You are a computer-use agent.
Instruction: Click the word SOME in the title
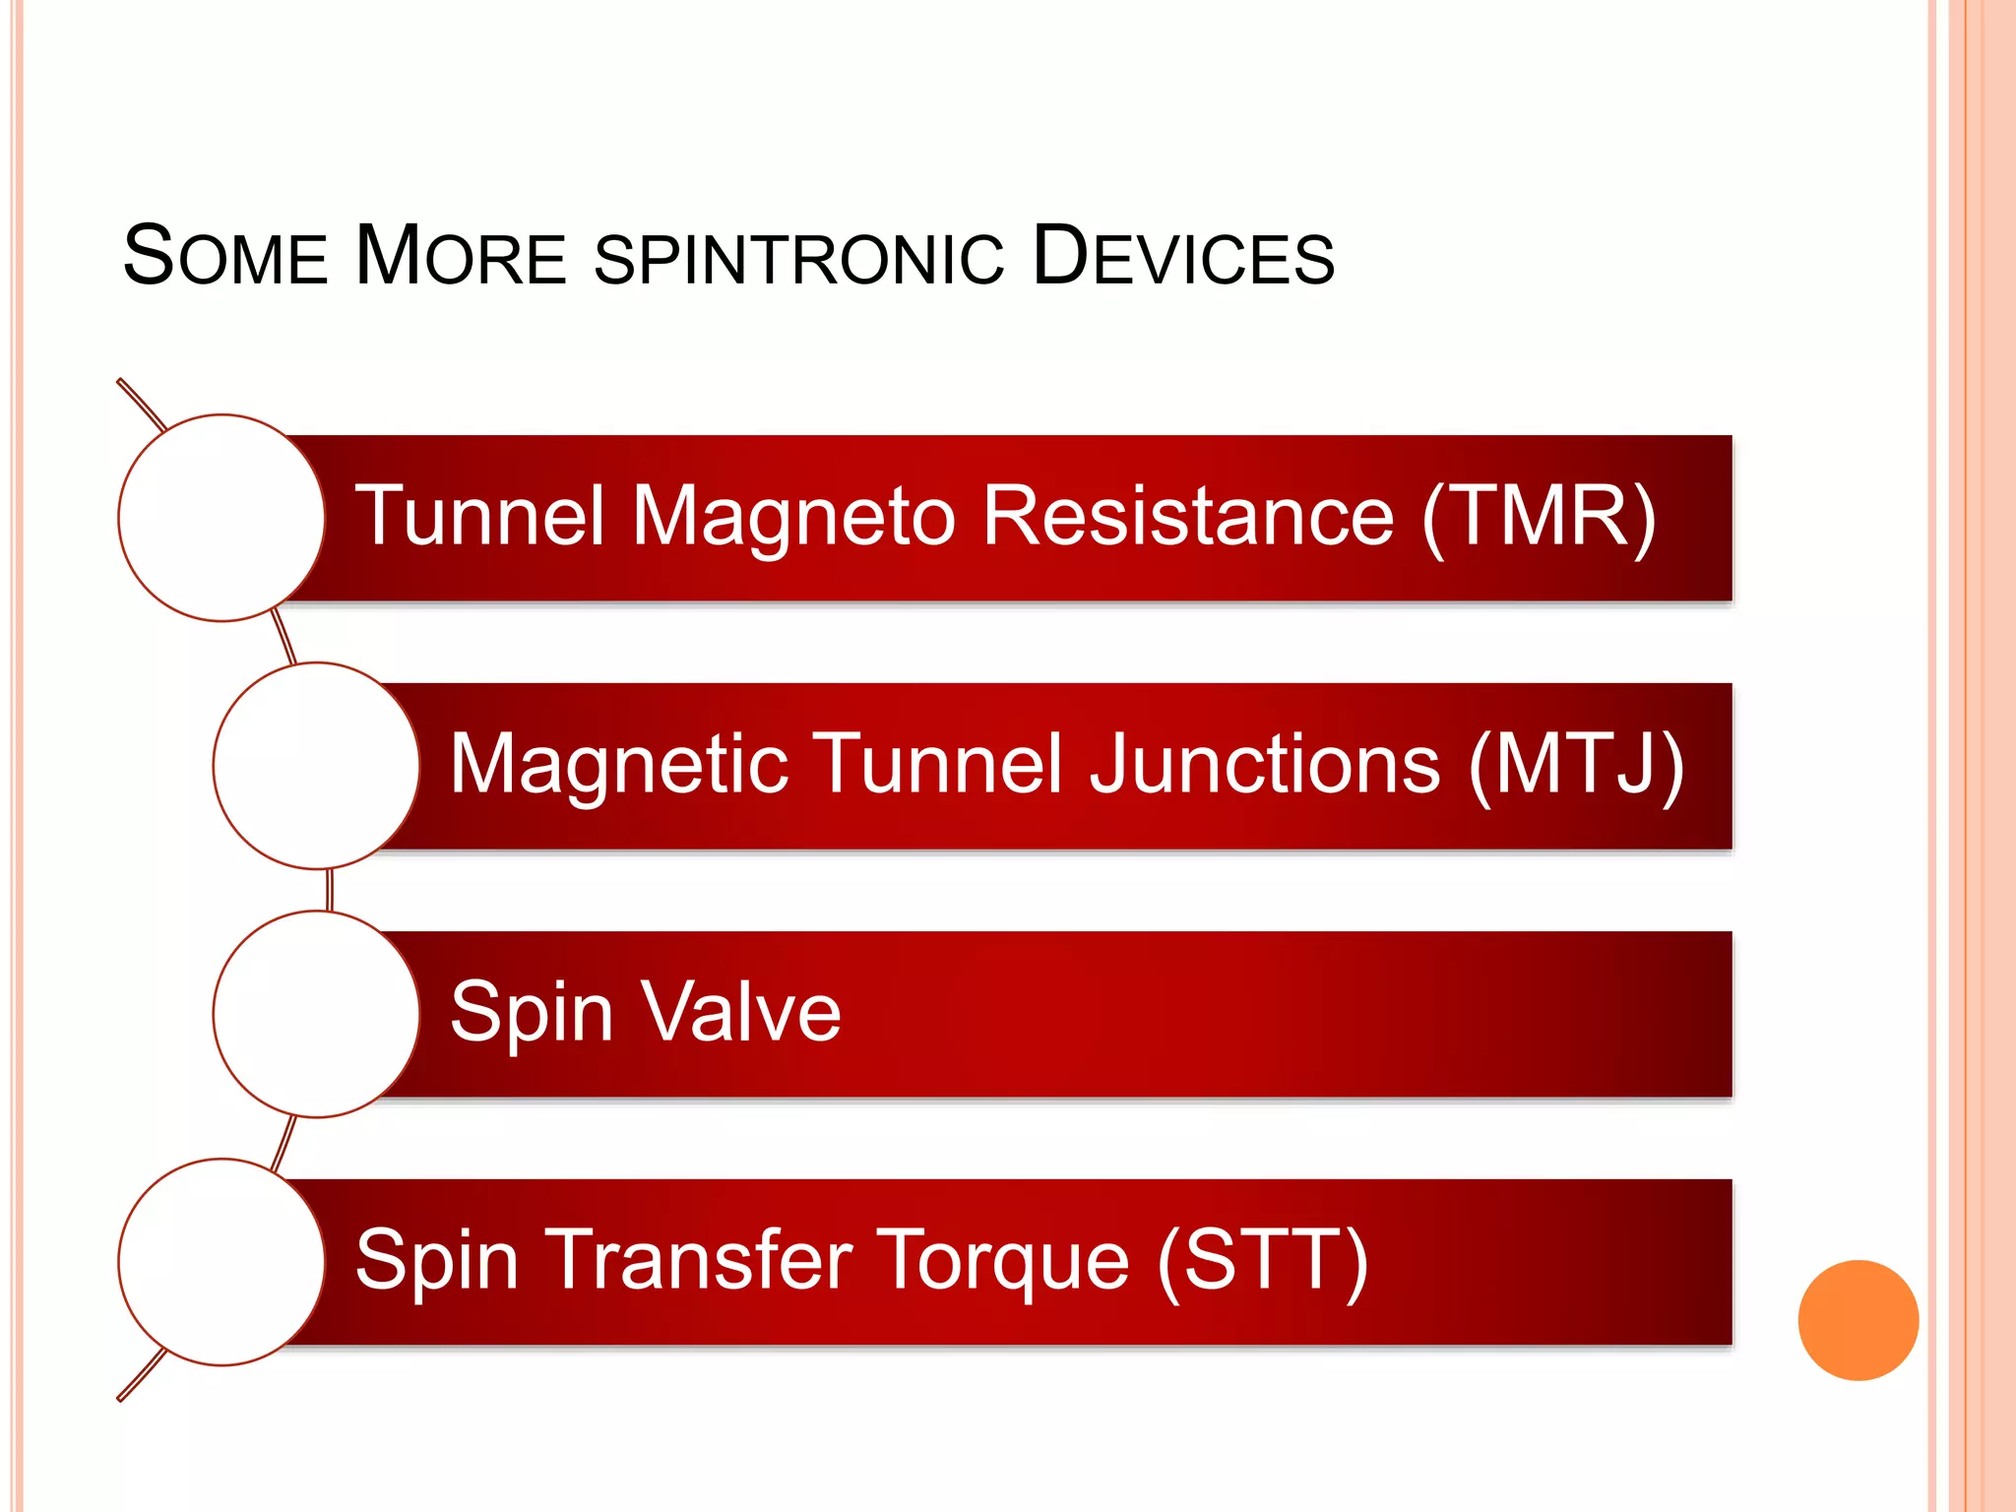[x=224, y=256]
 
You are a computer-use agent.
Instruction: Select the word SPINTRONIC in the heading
[x=799, y=258]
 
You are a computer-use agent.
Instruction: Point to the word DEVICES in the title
[x=1183, y=256]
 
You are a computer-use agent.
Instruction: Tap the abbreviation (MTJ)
[x=1577, y=764]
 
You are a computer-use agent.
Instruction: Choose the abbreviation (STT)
[x=1262, y=1260]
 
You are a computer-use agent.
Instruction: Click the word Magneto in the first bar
[x=793, y=518]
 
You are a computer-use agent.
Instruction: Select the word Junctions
[x=1265, y=764]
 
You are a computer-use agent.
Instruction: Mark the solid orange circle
[x=1858, y=1320]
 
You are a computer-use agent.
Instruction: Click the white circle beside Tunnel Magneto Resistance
[x=221, y=518]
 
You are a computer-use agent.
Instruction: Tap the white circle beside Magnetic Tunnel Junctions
[x=316, y=766]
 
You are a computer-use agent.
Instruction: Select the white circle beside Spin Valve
[x=316, y=1014]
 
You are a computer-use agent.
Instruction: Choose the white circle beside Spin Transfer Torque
[x=221, y=1262]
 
